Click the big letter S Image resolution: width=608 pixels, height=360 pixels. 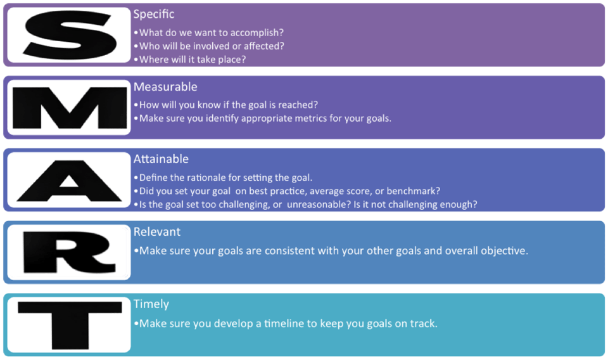69,35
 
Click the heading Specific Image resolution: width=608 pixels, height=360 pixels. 154,14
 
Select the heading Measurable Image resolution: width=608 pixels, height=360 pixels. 165,87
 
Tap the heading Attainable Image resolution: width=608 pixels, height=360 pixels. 161,159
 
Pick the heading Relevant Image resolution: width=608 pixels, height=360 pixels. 157,232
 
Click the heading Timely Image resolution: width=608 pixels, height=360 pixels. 151,304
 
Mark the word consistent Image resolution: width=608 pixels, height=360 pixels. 272,251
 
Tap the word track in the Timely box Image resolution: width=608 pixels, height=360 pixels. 424,324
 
